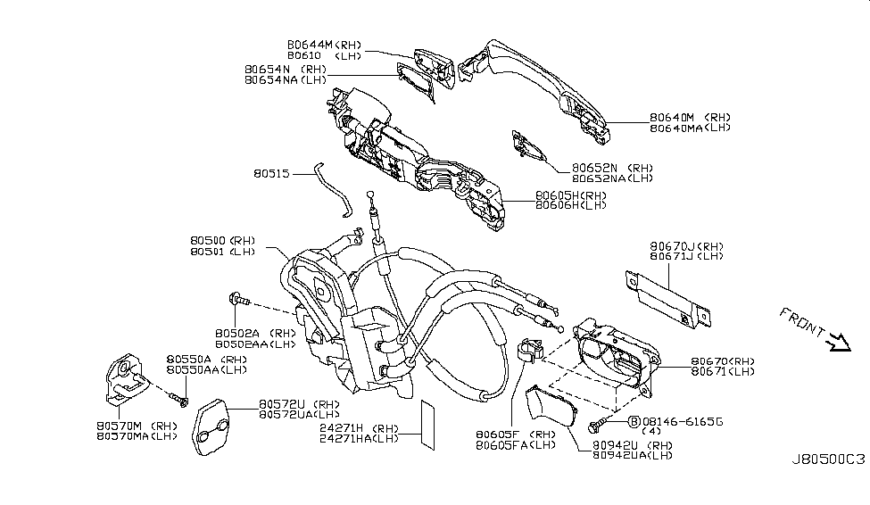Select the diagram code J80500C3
pyautogui.click(x=828, y=459)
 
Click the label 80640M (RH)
pyautogui.click(x=690, y=117)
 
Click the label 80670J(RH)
pyautogui.click(x=687, y=245)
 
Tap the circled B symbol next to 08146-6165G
pyautogui.click(x=634, y=420)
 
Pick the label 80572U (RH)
pyautogui.click(x=301, y=403)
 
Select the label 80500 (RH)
pyautogui.click(x=222, y=241)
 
